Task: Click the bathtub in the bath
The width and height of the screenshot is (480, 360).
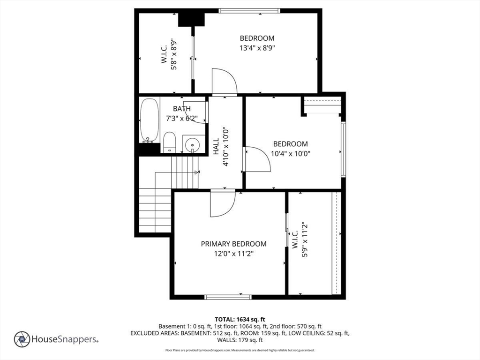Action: (150, 120)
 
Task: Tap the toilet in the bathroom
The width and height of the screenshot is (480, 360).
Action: (169, 142)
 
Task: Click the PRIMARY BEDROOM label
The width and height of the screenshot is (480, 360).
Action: (233, 244)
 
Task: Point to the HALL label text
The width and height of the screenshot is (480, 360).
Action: (216, 146)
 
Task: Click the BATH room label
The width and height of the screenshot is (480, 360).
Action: (182, 109)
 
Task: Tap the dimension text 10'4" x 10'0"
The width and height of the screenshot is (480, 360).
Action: (291, 153)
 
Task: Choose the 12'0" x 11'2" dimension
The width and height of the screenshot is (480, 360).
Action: (233, 254)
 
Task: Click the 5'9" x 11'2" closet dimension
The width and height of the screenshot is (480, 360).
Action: (305, 240)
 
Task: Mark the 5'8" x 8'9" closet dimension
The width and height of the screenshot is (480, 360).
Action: (174, 54)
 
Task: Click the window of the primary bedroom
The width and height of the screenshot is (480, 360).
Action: (228, 297)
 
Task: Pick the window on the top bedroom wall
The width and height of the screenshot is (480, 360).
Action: (249, 11)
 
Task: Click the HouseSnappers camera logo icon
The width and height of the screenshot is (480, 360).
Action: (22, 339)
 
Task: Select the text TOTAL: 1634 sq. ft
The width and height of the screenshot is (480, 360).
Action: (240, 320)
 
